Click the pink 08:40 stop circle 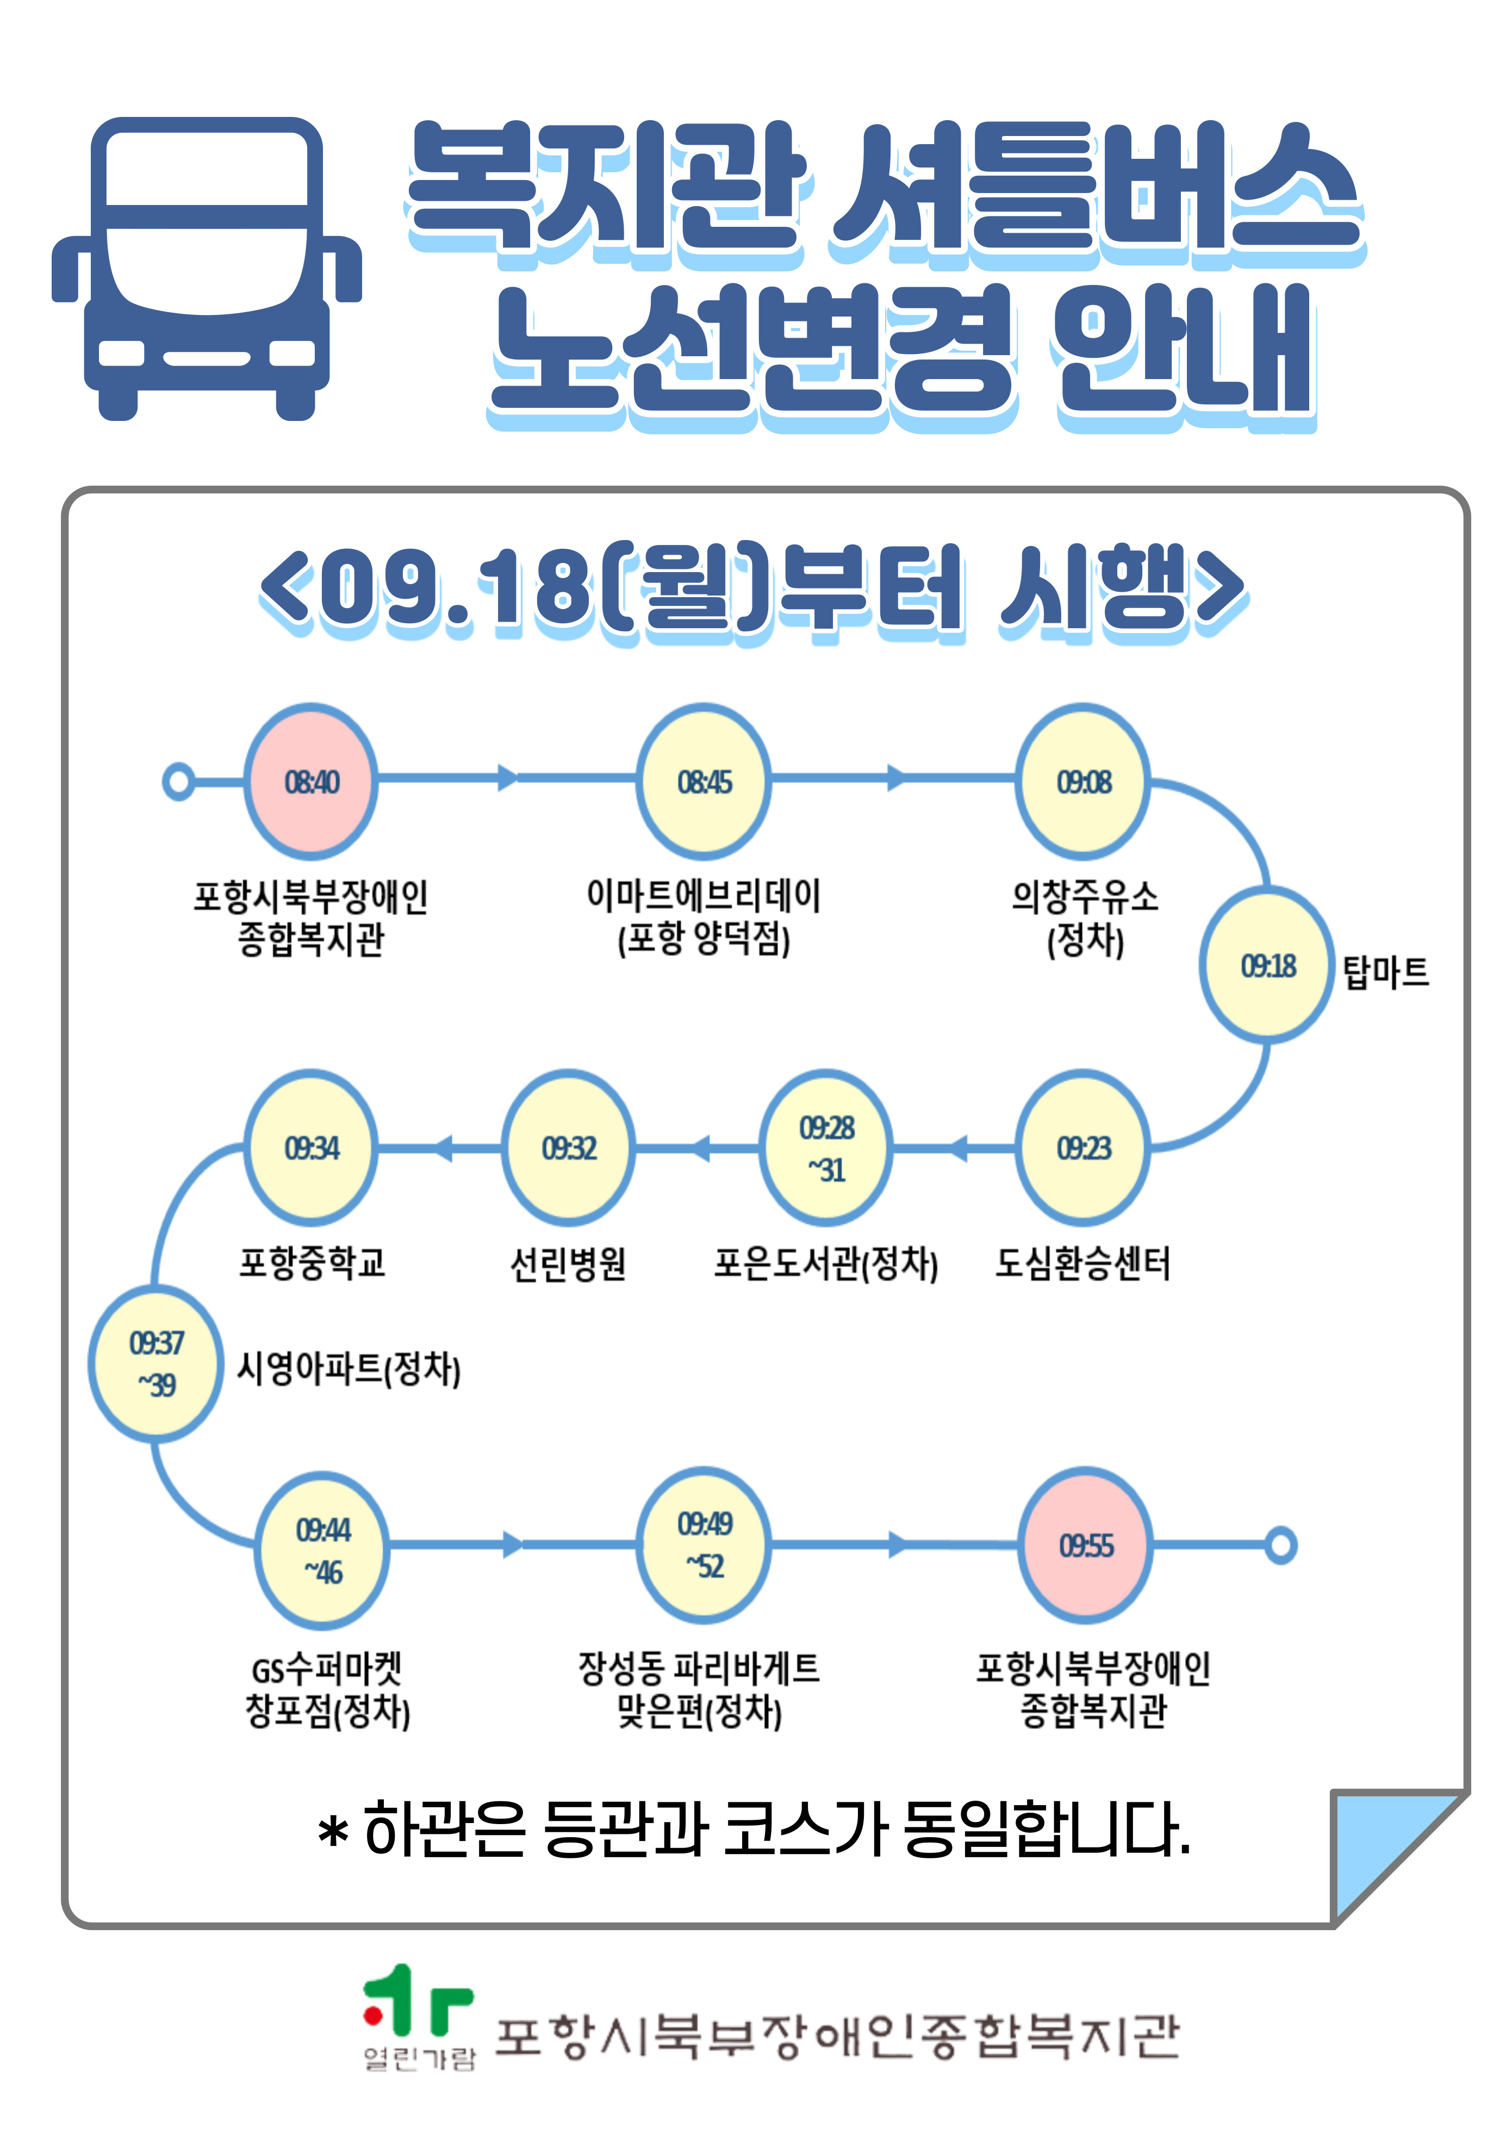(x=311, y=780)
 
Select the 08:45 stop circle (x=704, y=780)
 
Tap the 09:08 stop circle (x=1084, y=780)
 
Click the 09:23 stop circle (x=1084, y=1147)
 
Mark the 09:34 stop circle (x=311, y=1147)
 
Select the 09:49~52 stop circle (x=704, y=1545)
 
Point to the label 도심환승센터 (x=1082, y=1263)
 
